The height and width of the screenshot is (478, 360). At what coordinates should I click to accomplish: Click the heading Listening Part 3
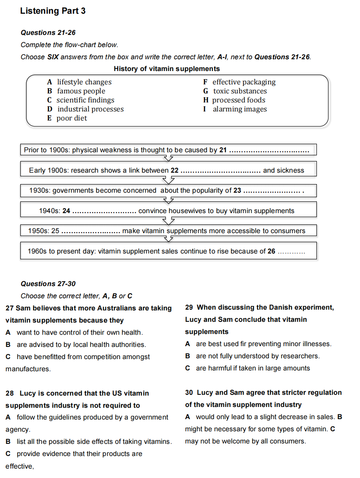coord(53,11)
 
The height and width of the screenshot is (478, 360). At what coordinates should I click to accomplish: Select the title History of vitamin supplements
coord(167,69)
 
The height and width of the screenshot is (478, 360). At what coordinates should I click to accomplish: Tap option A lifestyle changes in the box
coord(79,82)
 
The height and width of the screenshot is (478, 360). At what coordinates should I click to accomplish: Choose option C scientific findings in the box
coord(81,100)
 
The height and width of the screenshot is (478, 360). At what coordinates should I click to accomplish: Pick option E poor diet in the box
coord(67,118)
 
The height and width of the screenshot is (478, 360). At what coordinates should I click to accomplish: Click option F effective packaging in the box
coord(239,82)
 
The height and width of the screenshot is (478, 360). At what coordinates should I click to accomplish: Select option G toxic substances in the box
coord(235,91)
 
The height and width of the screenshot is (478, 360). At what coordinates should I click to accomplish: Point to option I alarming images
coord(235,109)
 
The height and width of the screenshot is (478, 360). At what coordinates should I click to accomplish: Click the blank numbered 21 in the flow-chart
coord(269,150)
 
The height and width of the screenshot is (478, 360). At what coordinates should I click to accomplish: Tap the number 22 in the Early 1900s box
coord(175,170)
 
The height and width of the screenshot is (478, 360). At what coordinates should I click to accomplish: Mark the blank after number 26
coord(291,252)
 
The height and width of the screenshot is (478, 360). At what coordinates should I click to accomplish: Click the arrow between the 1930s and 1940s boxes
coord(169,201)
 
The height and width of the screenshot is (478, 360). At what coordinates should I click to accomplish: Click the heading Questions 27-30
coord(48,284)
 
